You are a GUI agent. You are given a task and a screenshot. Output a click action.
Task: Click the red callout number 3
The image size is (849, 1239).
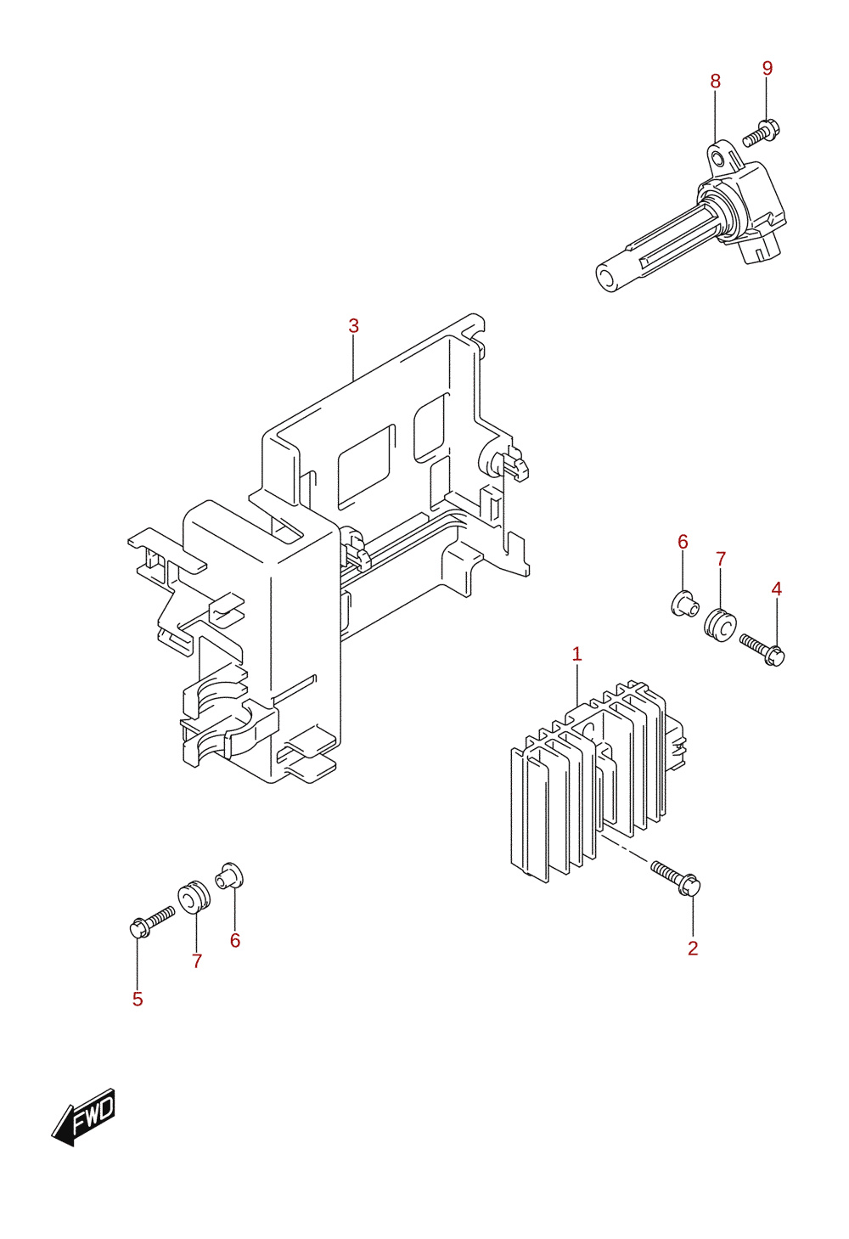coord(354,326)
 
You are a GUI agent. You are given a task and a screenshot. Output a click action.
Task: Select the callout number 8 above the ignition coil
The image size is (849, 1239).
coord(715,82)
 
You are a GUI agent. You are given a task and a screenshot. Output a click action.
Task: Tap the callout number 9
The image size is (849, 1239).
coord(767,68)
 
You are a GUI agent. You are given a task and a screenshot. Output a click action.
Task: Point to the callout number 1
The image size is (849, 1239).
coord(576,654)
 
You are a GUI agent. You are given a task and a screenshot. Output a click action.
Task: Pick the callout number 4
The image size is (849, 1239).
coord(777,589)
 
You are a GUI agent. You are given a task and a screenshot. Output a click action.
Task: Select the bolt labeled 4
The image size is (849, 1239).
coord(762,650)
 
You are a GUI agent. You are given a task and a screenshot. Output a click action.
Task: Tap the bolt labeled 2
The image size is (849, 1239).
coord(675,878)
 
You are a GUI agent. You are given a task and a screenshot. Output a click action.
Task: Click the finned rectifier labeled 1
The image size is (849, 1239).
coord(598,780)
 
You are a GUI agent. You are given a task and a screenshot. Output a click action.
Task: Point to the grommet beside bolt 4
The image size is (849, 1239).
coord(720,624)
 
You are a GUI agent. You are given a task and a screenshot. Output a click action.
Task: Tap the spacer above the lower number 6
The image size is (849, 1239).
coord(229,875)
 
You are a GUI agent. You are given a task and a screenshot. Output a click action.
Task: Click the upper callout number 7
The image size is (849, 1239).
coord(721,559)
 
